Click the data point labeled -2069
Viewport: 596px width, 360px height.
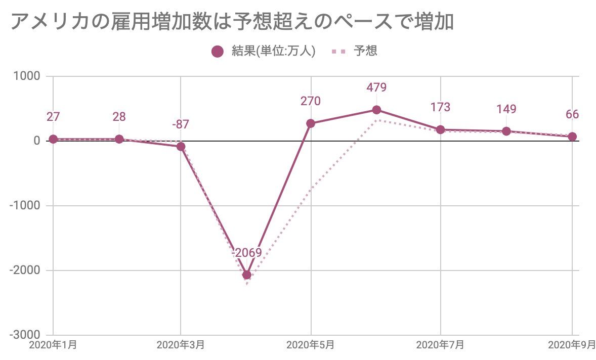[247, 275]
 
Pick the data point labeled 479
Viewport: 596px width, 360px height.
[376, 110]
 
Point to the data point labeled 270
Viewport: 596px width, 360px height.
[311, 123]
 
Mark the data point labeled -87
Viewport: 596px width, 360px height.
[181, 147]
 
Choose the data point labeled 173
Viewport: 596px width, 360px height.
[441, 130]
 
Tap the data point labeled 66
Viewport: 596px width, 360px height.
[572, 137]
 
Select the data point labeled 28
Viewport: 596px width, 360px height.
[119, 139]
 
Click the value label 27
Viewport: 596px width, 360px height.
[53, 117]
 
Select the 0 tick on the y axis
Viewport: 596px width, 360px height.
[37, 141]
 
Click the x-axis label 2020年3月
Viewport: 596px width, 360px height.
[181, 346]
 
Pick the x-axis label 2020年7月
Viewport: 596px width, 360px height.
[440, 346]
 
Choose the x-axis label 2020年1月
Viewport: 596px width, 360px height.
[53, 346]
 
